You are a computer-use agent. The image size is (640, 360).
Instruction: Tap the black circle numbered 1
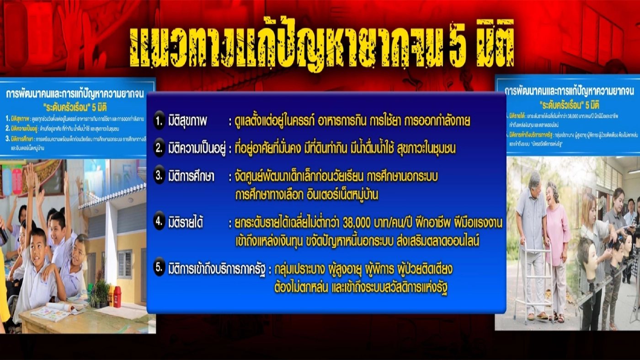159,122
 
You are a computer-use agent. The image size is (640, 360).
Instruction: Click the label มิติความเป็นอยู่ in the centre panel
196,149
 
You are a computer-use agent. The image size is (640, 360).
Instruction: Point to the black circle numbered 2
159,149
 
